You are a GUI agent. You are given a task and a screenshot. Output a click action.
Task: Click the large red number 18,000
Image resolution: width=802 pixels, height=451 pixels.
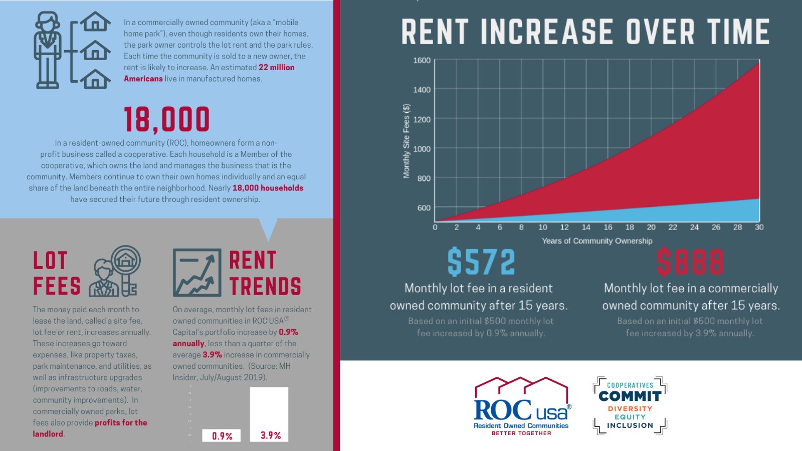(x=166, y=120)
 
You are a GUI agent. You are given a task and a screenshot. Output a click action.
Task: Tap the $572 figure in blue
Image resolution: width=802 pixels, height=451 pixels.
(x=481, y=262)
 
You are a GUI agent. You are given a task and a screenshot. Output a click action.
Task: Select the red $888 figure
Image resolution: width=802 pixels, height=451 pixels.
(x=690, y=262)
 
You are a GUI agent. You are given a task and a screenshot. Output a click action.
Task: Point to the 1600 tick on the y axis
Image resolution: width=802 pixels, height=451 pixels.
(x=422, y=61)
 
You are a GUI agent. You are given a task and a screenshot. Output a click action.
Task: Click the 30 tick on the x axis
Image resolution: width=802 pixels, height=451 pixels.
(x=759, y=228)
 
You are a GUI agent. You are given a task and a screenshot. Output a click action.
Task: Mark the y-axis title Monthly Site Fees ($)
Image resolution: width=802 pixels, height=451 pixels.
(x=407, y=141)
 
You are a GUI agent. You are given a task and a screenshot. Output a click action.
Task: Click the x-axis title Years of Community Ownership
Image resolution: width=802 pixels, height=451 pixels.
(x=597, y=241)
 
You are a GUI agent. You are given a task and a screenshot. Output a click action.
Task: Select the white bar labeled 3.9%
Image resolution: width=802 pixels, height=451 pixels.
(x=269, y=414)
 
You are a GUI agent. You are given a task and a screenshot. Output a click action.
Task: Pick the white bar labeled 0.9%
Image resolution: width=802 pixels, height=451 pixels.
(x=221, y=435)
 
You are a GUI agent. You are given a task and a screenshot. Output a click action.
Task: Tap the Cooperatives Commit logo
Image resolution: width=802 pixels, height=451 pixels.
(x=630, y=405)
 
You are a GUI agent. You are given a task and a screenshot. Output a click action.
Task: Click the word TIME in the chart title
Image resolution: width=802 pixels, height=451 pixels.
(x=739, y=32)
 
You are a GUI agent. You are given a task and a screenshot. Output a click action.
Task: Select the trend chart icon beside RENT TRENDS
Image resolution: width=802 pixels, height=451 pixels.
(x=197, y=273)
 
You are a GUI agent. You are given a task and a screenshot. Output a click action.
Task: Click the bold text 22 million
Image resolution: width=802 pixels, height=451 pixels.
(x=276, y=68)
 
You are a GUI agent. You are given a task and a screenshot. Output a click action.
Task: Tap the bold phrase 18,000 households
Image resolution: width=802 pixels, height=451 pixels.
(x=268, y=188)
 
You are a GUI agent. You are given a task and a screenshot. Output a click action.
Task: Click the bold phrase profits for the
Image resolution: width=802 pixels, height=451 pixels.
(x=121, y=422)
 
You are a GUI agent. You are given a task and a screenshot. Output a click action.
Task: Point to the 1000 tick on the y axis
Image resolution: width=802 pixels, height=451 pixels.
(x=422, y=149)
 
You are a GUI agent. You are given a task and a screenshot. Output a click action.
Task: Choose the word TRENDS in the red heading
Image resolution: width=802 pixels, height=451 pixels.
(x=265, y=286)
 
